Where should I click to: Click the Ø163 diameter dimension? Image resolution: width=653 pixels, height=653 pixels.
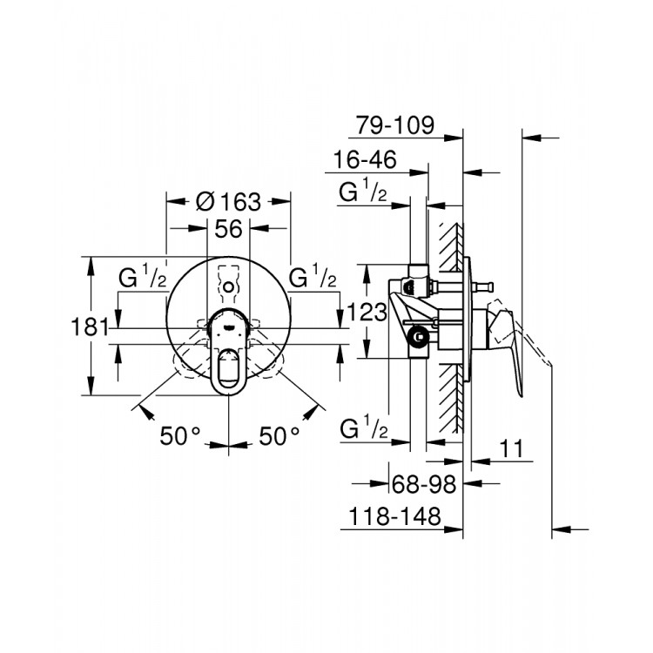tap(228, 202)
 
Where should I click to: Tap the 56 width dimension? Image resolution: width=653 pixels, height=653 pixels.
tap(228, 229)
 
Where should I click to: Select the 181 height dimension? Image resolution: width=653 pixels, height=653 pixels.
tap(90, 326)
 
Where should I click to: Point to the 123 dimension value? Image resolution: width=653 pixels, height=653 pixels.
tap(367, 312)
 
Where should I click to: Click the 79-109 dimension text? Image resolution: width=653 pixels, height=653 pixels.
tap(394, 125)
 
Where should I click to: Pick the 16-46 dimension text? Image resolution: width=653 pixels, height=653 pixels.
tap(365, 159)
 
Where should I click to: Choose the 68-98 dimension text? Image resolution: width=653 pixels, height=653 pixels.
tap(424, 484)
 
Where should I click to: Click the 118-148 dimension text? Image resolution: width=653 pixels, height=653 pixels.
tap(394, 516)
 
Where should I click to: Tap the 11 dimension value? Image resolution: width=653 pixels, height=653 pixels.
tap(510, 448)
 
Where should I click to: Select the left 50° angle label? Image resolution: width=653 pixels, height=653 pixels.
tap(180, 436)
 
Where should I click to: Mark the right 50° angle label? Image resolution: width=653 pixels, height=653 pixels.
tap(279, 436)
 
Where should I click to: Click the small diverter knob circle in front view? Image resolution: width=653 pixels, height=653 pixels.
tap(228, 287)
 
